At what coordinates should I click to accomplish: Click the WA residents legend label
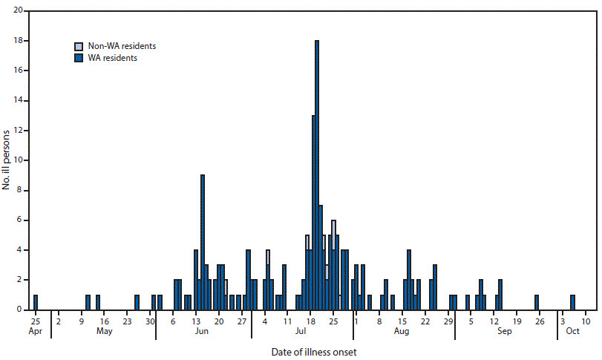[x=111, y=57]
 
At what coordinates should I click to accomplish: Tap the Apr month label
[x=35, y=331]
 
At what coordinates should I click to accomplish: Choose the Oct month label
[x=572, y=331]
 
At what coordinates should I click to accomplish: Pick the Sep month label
[x=505, y=331]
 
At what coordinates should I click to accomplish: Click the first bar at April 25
[x=35, y=302]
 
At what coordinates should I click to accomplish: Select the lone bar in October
[x=572, y=302]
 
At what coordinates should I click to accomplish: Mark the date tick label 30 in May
[x=151, y=321]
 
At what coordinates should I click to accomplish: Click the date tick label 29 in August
[x=448, y=321]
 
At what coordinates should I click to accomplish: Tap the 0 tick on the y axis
[x=20, y=310]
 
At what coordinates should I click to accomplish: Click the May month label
[x=104, y=331]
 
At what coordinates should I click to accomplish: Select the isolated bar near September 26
[x=536, y=302]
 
